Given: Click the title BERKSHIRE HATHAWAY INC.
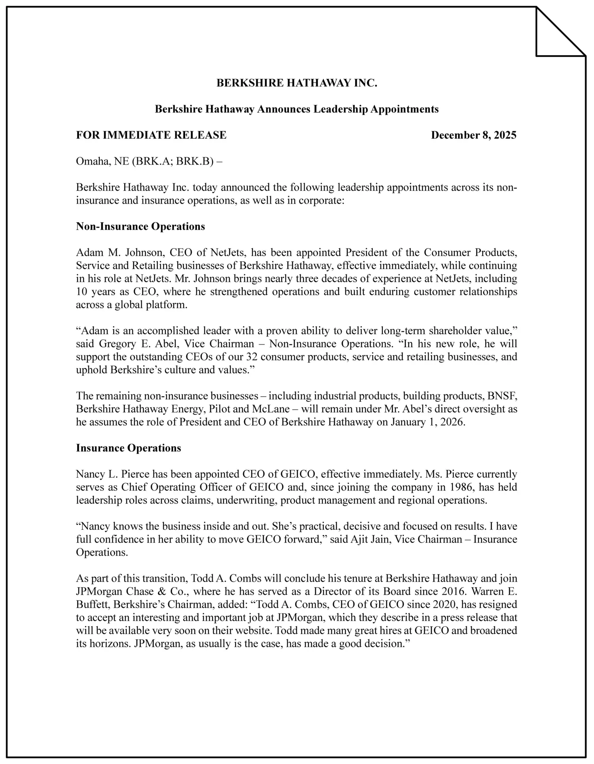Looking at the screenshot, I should [x=297, y=83].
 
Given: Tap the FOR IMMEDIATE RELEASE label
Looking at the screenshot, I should [x=151, y=135].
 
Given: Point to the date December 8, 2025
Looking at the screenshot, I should [x=474, y=135].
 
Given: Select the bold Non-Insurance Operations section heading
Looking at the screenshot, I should [x=140, y=227].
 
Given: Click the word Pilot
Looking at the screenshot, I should [x=220, y=409].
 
